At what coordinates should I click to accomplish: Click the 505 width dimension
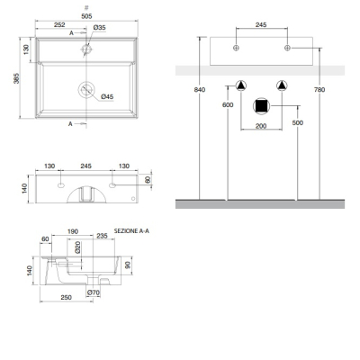86,16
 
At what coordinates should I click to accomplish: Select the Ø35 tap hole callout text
99,27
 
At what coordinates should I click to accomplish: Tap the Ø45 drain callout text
107,96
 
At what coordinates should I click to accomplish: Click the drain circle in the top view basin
86,89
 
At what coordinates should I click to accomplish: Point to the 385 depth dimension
16,78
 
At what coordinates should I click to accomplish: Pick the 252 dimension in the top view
59,25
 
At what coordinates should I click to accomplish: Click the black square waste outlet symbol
262,106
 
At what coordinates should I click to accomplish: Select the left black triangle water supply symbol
240,85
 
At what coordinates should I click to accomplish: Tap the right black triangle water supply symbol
282,85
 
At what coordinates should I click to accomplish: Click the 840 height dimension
200,90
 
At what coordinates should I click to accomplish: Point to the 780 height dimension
319,90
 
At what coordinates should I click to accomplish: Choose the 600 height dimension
228,104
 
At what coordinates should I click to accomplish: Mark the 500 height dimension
298,122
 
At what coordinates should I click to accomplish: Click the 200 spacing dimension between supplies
261,126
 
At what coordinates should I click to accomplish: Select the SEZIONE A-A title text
131,231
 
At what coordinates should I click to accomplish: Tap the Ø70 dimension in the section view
94,292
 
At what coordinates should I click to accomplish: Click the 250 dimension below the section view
66,297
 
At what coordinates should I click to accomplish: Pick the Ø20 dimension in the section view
77,247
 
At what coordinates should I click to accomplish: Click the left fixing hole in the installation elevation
236,48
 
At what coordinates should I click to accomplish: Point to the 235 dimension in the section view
102,236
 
